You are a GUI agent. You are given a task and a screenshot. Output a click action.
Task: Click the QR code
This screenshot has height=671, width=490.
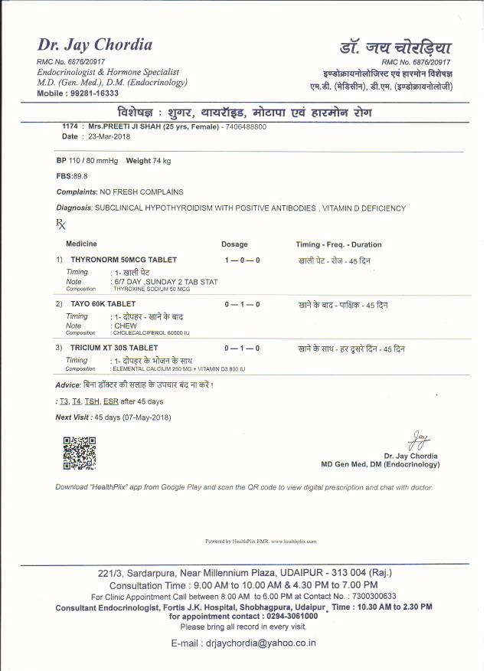point(79,452)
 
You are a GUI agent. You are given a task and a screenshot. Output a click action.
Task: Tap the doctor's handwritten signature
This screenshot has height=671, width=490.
point(417,440)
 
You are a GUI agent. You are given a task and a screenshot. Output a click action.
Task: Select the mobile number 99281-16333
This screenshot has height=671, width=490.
point(93,93)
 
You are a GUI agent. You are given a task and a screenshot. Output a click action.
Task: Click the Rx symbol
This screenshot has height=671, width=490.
point(61,224)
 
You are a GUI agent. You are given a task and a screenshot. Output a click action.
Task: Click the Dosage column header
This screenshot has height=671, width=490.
point(234,244)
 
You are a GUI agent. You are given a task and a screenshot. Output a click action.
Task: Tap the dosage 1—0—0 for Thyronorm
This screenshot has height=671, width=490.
point(242,260)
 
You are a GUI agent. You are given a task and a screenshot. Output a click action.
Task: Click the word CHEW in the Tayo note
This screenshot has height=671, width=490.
point(126,326)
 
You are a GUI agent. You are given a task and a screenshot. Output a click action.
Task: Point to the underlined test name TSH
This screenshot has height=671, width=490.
point(93,401)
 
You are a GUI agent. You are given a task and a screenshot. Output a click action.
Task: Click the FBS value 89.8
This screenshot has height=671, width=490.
point(80,175)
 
